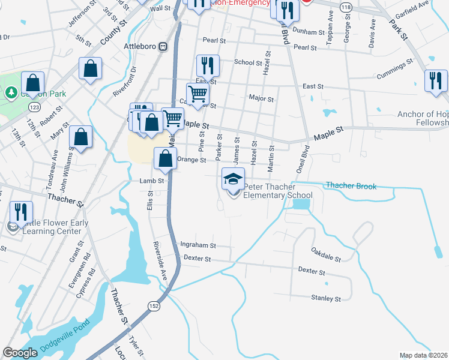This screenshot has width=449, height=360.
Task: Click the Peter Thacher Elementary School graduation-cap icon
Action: [x=234, y=179]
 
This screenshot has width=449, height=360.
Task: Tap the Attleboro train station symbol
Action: [x=163, y=47]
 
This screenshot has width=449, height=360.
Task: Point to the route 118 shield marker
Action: [x=346, y=6]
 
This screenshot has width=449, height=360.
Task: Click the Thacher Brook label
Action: [x=351, y=186]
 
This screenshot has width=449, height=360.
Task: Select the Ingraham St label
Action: [x=197, y=245]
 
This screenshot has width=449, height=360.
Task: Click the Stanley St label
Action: [x=326, y=298]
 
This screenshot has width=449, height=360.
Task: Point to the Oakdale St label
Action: [x=326, y=254]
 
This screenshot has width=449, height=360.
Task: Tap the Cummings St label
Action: [x=394, y=70]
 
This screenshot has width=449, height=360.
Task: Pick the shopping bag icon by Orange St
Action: [x=165, y=159]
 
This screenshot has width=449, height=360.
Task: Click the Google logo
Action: [x=20, y=353]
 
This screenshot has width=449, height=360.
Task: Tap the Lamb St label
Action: [x=152, y=181]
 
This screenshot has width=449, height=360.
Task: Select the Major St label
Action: [x=261, y=98]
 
